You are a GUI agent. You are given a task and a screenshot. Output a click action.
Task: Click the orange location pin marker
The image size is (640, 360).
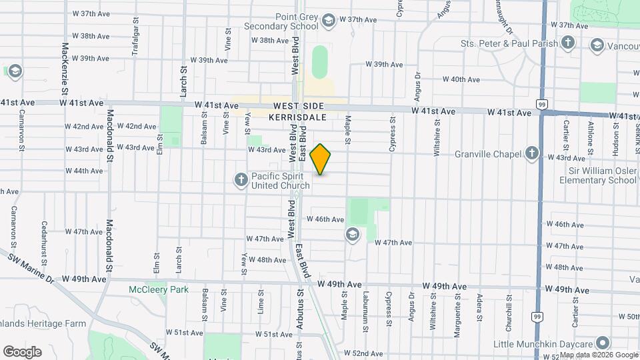click(321, 159)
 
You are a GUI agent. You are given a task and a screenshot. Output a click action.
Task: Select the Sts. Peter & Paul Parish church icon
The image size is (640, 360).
click(567, 43)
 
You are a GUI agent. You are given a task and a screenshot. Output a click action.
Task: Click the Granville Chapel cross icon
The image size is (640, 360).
click(531, 154)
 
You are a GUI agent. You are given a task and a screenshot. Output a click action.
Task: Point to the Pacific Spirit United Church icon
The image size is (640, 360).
click(241, 179)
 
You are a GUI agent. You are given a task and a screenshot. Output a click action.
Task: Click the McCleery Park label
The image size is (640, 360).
click(159, 289)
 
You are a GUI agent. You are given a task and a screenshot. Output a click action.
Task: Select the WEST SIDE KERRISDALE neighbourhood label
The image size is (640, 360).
click(297, 111)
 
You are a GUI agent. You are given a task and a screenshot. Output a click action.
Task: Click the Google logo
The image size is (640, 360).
click(22, 351)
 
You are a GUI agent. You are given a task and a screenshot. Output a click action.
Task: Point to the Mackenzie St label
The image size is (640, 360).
click(65, 59)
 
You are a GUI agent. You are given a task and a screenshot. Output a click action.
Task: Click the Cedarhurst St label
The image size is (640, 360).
click(44, 241)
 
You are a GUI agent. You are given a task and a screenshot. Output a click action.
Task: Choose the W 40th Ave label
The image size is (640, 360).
click(461, 79)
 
